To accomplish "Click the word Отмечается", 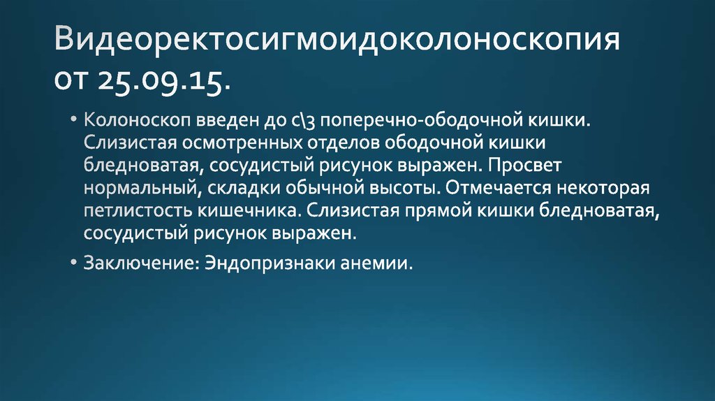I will (x=497, y=189).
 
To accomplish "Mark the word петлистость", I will (x=128, y=212).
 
